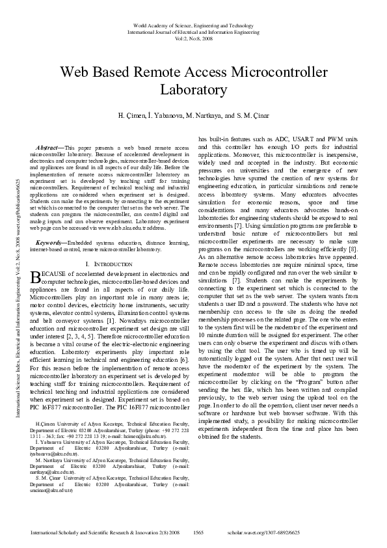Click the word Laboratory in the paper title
pyautogui.click(x=193, y=89)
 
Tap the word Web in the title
pyautogui.click(x=77, y=71)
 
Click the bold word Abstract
pyautogui.click(x=47, y=148)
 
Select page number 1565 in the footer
pyautogui.click(x=200, y=533)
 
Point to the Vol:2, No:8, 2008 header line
pyautogui.click(x=193, y=37)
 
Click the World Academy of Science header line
pyautogui.click(x=193, y=25)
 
